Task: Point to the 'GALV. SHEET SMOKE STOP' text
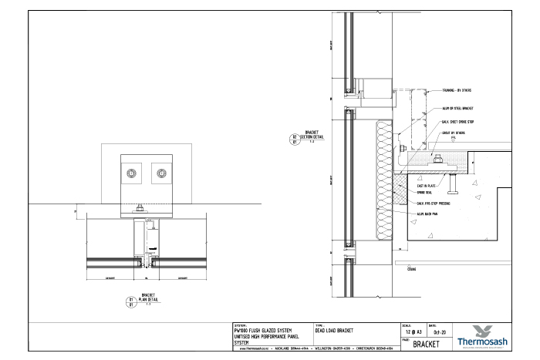point(457,121)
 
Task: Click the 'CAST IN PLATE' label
point(426,186)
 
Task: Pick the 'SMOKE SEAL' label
point(424,192)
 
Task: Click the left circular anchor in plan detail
point(133,172)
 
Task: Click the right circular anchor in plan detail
point(162,172)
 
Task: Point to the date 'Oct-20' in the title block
point(440,331)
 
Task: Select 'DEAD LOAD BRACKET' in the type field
point(335,331)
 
